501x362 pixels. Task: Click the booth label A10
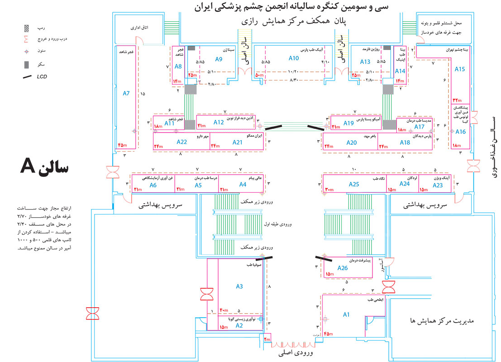pos(294,58)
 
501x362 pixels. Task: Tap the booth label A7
pos(126,94)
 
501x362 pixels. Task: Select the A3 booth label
pos(239,286)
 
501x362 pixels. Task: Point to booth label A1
pos(347,314)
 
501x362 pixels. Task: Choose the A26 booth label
pos(343,268)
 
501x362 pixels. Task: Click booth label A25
pos(354,184)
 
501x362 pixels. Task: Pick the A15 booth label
pos(460,69)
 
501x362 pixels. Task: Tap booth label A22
pos(181,142)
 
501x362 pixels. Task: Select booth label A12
pos(219,122)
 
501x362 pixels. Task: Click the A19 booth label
pos(348,123)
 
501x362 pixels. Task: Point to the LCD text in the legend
pos(42,76)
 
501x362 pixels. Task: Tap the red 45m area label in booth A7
pos(122,145)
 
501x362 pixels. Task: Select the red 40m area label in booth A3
pos(224,310)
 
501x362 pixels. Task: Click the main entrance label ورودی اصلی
pos(297,352)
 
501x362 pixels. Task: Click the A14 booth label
pos(400,71)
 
